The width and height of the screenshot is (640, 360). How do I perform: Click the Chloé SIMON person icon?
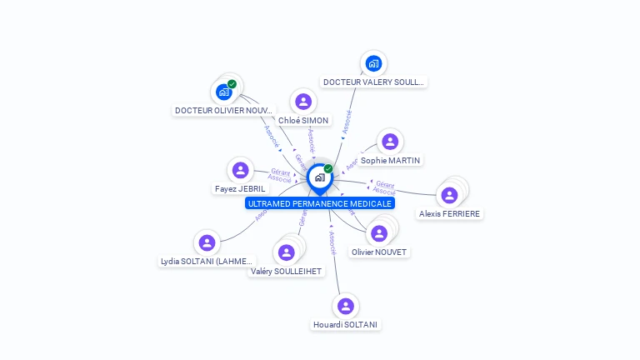point(303,102)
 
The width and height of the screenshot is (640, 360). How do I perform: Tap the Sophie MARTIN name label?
point(391,160)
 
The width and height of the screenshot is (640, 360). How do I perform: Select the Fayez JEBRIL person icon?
point(241,171)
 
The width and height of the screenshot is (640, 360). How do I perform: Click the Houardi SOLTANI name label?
point(346,324)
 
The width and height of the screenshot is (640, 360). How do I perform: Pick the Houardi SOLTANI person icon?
point(346,306)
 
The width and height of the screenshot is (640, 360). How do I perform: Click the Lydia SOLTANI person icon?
point(207,242)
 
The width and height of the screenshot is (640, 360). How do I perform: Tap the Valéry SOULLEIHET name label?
point(286,271)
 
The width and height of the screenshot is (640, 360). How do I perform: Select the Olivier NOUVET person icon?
point(379,233)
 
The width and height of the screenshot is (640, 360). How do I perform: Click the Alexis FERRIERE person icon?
point(450,195)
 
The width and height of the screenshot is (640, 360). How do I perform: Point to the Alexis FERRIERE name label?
point(451,213)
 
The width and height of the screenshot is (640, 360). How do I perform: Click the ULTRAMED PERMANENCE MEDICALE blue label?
point(320,203)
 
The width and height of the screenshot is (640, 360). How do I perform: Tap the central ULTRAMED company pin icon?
point(319,177)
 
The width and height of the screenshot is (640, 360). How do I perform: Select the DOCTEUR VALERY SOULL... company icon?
point(373,63)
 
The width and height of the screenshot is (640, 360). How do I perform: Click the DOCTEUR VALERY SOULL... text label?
point(373,82)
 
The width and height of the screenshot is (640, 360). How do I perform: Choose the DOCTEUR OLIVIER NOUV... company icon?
point(223,92)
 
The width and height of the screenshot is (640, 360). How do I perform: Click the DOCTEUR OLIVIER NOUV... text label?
point(223,110)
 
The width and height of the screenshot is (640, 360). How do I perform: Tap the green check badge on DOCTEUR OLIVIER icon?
point(232,83)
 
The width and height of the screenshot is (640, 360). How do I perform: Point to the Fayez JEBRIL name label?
point(240,189)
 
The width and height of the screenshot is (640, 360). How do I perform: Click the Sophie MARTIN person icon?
point(390,142)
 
